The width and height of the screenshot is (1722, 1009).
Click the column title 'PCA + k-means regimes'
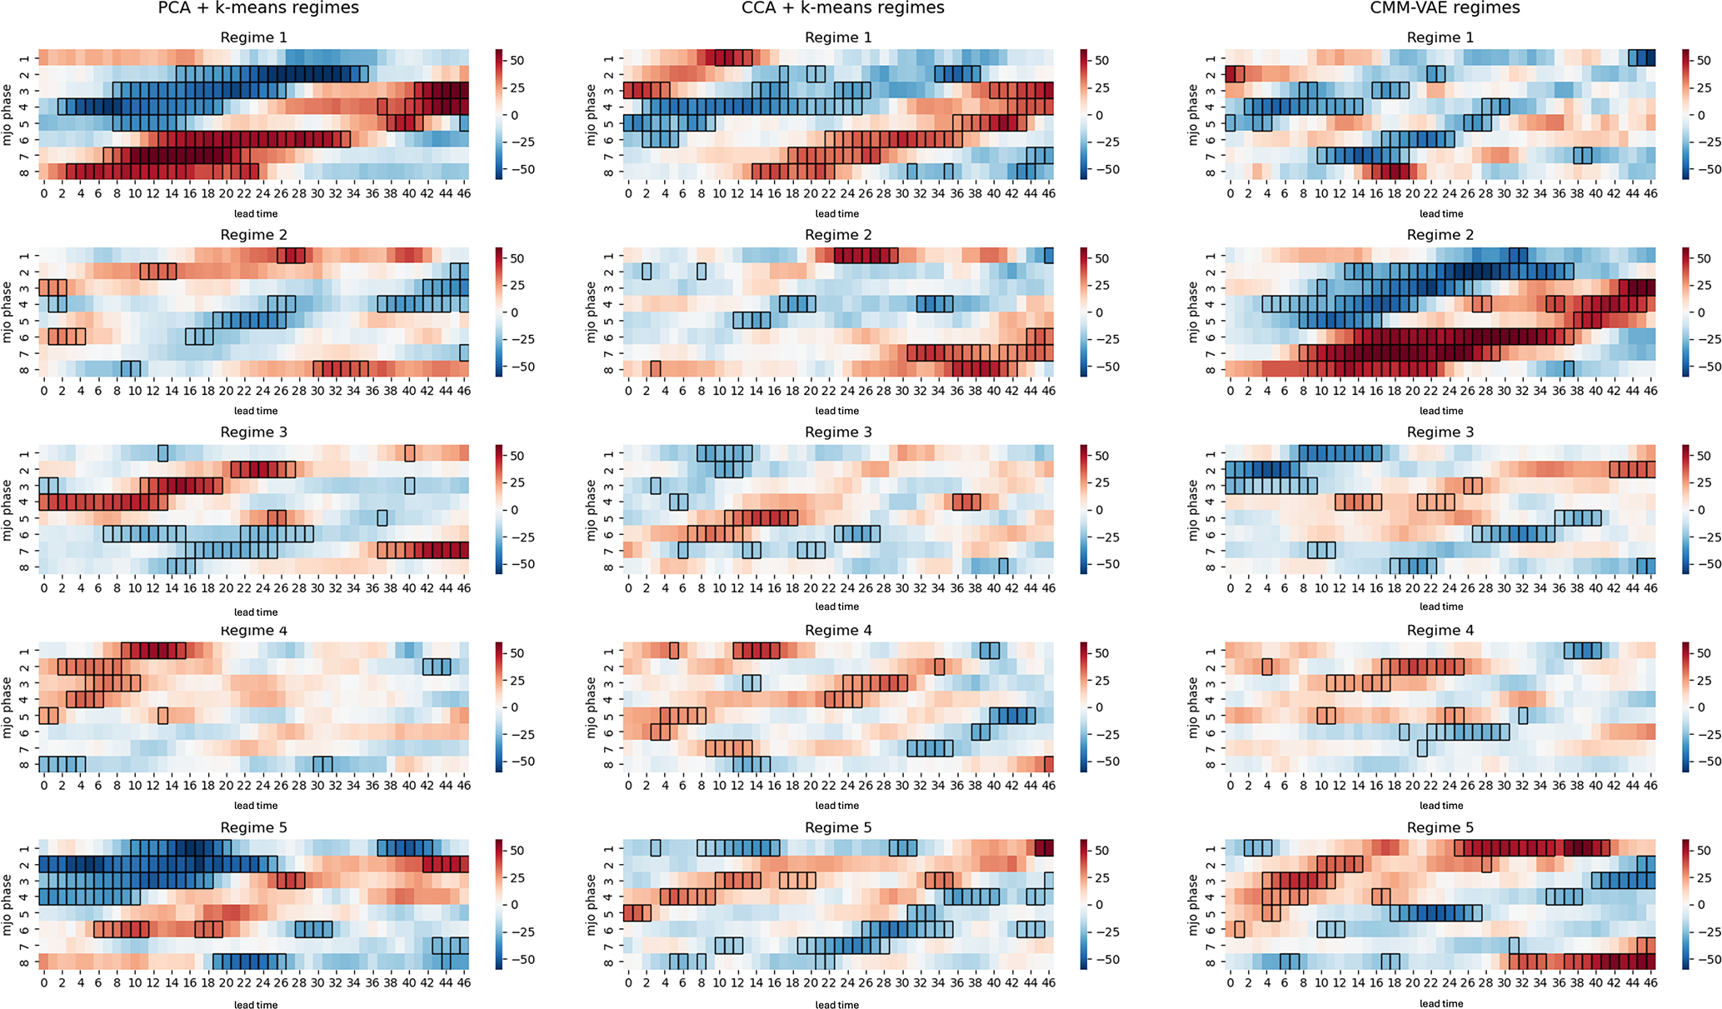tap(258, 8)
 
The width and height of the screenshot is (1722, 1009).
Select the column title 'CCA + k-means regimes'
tap(843, 8)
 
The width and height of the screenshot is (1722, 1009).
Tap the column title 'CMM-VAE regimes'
tap(1445, 8)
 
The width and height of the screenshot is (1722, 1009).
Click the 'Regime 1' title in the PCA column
tap(254, 37)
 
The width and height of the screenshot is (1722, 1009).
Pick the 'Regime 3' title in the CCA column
tap(838, 432)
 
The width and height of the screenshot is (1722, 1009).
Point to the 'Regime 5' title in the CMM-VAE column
tap(1440, 827)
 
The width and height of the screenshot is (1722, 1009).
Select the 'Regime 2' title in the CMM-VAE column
tap(1440, 235)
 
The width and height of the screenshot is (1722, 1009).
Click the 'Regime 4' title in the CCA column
tap(838, 630)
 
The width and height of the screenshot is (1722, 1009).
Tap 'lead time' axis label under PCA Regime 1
tap(256, 214)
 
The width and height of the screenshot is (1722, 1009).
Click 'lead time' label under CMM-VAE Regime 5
tap(1441, 1004)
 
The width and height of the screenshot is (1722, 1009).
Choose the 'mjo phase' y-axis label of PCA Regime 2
tap(7, 312)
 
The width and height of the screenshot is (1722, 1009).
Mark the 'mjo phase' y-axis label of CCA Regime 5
tap(592, 905)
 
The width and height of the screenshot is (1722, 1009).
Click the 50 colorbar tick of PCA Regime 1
tap(517, 61)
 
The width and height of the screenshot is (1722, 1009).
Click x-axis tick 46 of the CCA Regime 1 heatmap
tap(1049, 193)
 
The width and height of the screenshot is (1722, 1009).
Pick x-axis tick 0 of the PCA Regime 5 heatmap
tap(44, 983)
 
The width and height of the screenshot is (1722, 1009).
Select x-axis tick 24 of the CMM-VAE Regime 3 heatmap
tap(1449, 588)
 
